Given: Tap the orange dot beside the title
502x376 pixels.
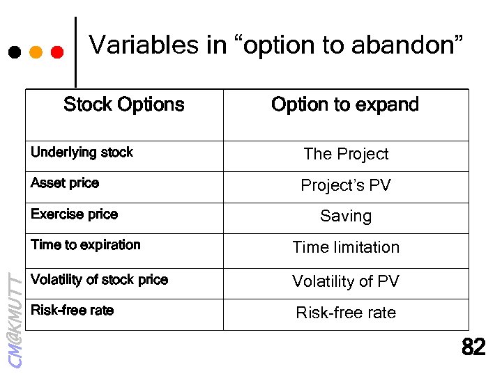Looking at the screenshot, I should (36, 52).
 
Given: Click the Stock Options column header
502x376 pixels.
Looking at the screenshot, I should (124, 104).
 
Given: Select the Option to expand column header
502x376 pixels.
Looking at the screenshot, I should (345, 104).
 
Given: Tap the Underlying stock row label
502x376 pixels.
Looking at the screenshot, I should (82, 152).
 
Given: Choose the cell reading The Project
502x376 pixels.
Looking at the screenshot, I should (346, 154).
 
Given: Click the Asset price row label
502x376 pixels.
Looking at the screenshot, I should (65, 183).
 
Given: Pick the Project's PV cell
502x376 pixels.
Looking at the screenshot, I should (346, 185).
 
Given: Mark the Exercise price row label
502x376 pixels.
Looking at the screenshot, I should (74, 214).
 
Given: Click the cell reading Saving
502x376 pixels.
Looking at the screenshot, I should (346, 216).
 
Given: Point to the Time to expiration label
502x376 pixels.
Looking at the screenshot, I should (86, 245).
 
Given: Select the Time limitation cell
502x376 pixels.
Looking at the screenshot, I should (346, 247).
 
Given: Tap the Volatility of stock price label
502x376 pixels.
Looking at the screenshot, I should (99, 280).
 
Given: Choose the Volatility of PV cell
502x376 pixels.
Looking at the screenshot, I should (346, 281).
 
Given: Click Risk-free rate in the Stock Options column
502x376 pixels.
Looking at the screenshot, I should (72, 311).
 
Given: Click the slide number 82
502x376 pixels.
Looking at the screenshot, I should (474, 347).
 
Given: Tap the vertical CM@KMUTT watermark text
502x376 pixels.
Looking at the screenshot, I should (15, 318).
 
